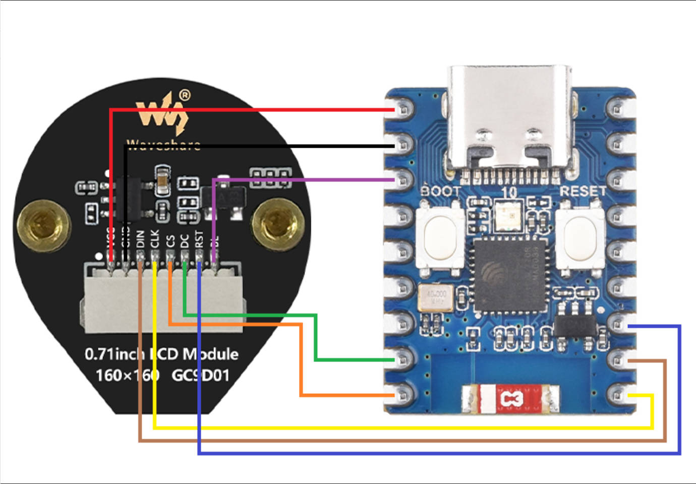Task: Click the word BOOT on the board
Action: (x=440, y=192)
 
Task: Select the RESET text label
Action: (x=583, y=192)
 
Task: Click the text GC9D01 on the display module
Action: (x=200, y=376)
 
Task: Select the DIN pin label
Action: (x=141, y=239)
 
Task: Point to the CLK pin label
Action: (x=155, y=239)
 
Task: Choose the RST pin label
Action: (x=199, y=239)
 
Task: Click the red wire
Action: (x=252, y=109)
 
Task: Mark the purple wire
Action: (x=303, y=179)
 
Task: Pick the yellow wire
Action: (x=403, y=428)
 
